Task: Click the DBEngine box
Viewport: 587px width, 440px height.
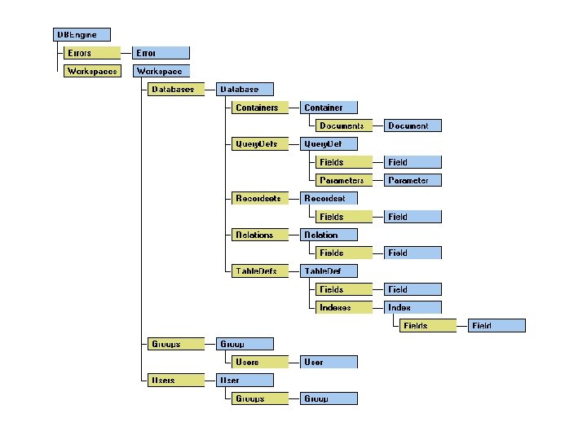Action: [81, 34]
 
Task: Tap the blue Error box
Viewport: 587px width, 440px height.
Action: [161, 53]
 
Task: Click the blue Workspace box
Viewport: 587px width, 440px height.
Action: [161, 71]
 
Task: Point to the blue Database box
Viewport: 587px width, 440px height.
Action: [245, 89]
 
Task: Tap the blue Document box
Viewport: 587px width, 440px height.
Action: [413, 125]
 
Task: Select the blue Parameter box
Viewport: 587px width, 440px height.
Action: [413, 180]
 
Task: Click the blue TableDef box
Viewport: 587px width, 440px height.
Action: [329, 271]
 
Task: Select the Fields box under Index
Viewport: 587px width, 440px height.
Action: [427, 326]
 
